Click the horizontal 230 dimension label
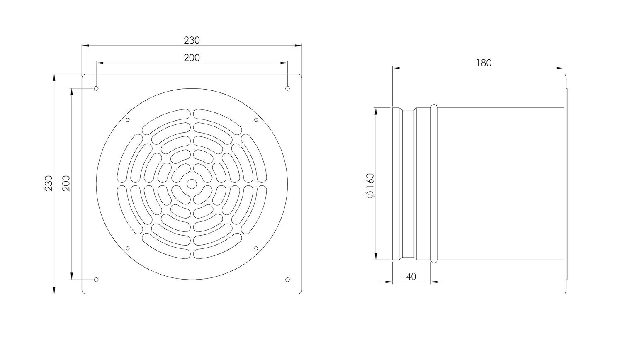192,41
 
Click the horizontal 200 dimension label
192,58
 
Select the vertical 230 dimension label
49,183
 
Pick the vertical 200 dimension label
66,183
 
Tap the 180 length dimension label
484,63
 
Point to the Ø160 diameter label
371,185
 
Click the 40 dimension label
411,277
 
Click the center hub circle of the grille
192,184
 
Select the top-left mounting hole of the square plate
96,88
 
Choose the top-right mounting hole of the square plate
287,88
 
